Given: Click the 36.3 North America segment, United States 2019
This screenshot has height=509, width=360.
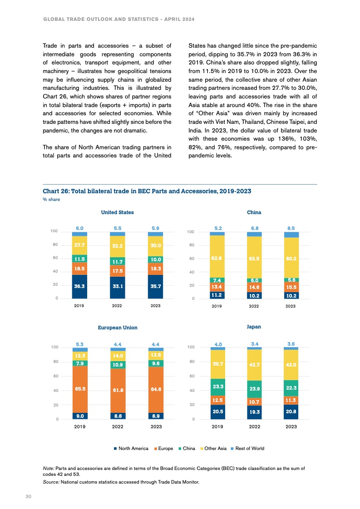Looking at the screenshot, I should pos(79,287).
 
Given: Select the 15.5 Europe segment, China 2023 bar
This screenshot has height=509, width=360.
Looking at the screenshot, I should pos(291,288).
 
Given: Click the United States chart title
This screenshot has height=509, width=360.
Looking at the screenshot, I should pos(117,212).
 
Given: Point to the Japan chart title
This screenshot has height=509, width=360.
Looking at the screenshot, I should pos(254,326).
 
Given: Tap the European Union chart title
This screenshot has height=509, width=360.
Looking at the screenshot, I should pos(117,327).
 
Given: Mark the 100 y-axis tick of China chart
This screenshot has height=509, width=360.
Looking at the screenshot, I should pos(191,232).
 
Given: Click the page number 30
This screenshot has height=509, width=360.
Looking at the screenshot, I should pos(28,497).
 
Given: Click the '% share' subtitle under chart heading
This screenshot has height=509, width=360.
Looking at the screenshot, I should pos(51,199).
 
